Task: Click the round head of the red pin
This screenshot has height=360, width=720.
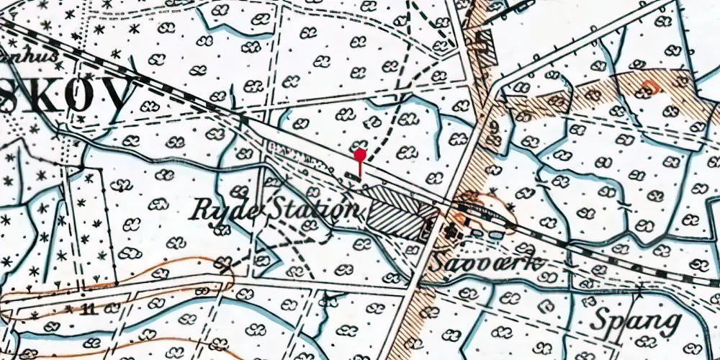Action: (360, 154)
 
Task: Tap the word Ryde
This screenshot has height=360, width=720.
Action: (218, 210)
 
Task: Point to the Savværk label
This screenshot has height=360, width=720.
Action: (485, 263)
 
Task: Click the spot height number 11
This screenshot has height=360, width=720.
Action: (89, 310)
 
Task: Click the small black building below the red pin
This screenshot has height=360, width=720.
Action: (353, 176)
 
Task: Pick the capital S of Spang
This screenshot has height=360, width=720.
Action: (600, 318)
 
